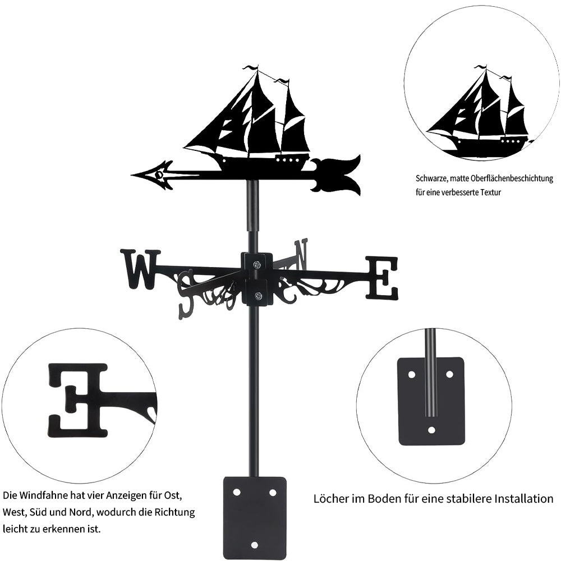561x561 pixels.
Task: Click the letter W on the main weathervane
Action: coord(139,269)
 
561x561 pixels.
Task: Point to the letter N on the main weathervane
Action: coord(301,254)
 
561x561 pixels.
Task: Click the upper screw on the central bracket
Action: coord(256,265)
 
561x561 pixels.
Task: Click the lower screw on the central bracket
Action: coord(257,296)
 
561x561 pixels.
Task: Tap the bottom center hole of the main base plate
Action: coord(255,545)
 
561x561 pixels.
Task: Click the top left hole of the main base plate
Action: coord(237,492)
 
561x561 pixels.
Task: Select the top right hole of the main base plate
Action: coord(273,492)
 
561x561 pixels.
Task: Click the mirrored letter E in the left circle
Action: coord(78,400)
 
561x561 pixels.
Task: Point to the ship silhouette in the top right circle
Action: coord(480,115)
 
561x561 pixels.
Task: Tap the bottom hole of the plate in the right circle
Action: coord(431,430)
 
